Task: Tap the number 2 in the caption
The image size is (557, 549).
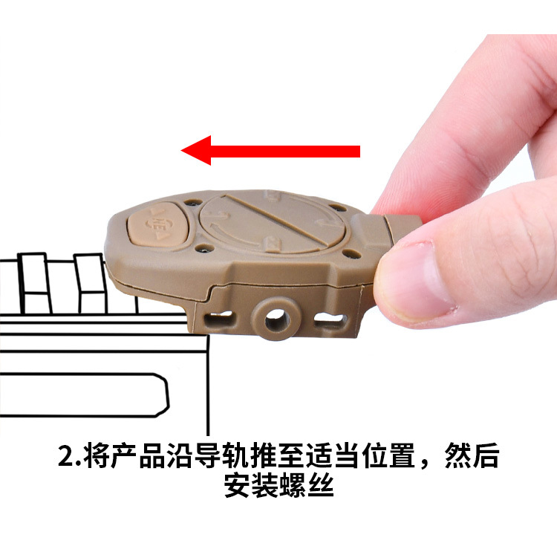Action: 65,454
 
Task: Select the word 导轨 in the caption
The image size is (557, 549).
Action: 225,454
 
